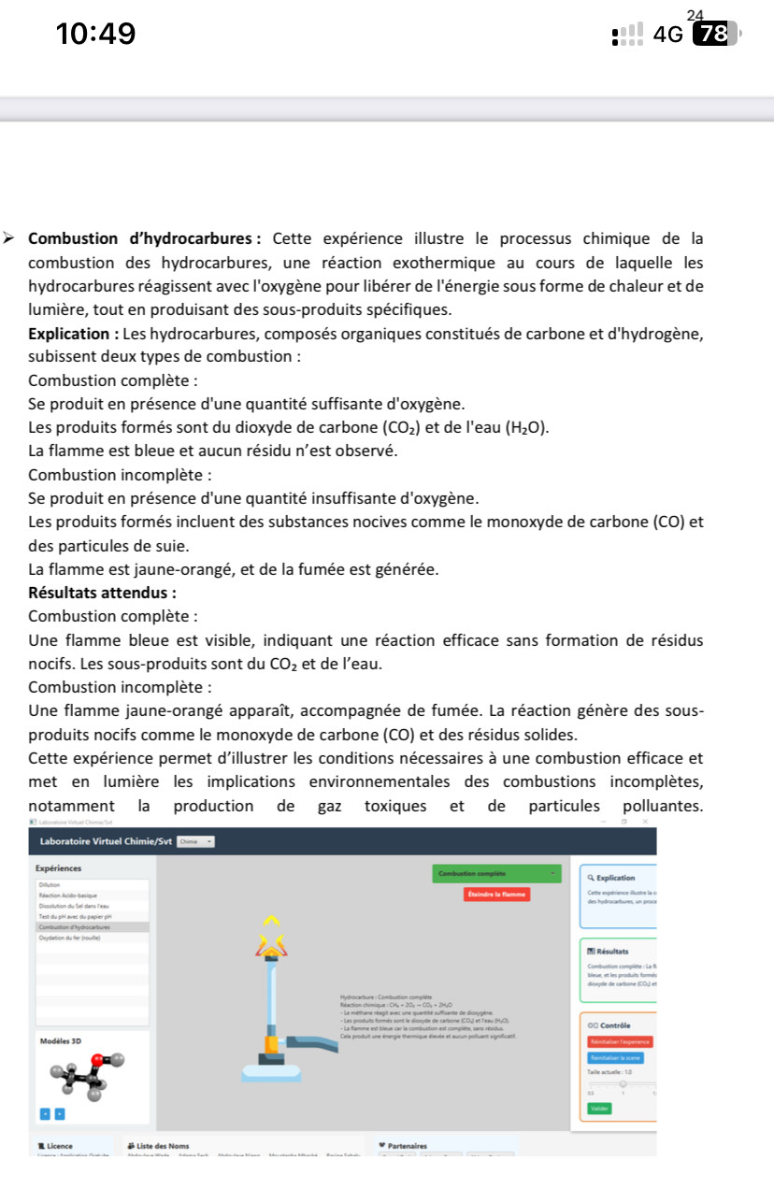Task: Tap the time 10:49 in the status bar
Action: click(x=95, y=35)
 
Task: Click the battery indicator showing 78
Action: click(x=714, y=35)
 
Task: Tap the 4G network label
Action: click(x=668, y=35)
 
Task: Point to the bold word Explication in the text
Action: click(x=69, y=334)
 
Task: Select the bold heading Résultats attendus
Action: click(x=103, y=593)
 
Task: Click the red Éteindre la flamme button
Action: click(x=495, y=895)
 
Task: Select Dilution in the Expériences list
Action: click(x=50, y=883)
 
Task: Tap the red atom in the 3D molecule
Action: click(x=96, y=1059)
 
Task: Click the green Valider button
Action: click(x=599, y=1108)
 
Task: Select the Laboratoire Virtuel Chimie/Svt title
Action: click(x=106, y=841)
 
